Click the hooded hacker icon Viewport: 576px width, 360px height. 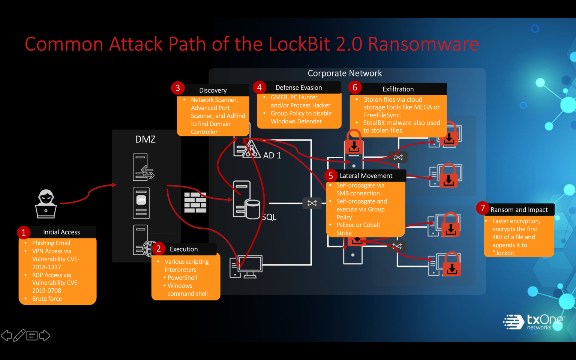(x=46, y=204)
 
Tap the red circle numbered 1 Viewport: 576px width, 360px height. (x=24, y=232)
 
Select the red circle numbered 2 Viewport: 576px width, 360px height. (x=158, y=249)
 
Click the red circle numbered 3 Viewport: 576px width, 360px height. (x=178, y=88)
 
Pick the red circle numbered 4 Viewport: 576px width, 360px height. (x=259, y=87)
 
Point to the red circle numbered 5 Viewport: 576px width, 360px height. (x=330, y=176)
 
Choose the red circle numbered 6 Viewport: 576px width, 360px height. (x=355, y=88)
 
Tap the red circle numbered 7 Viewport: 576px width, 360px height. (x=483, y=208)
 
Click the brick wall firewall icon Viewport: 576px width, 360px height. (x=195, y=202)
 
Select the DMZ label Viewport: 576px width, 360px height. (x=145, y=139)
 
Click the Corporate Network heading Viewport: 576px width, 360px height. (x=345, y=73)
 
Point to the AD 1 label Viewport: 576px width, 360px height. (x=272, y=156)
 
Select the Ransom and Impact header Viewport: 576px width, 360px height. (x=519, y=210)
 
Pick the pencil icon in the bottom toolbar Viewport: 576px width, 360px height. (x=19, y=336)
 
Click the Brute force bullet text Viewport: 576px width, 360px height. (x=47, y=299)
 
